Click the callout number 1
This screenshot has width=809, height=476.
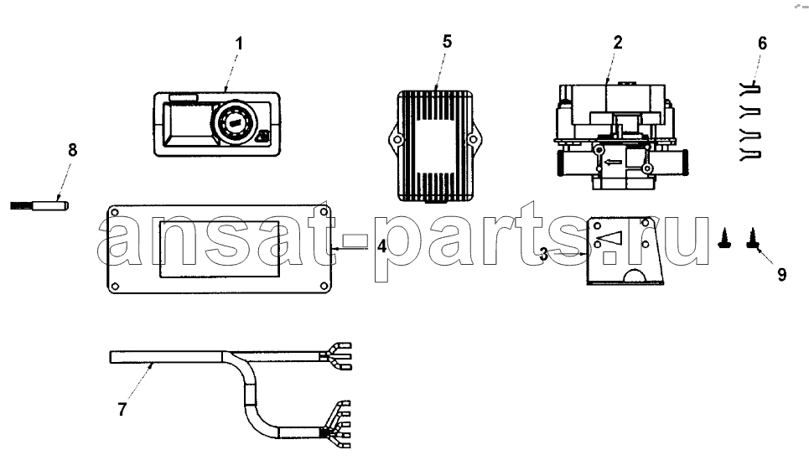click(239, 44)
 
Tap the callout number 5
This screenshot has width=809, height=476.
click(448, 42)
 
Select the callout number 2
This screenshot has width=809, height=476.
click(618, 42)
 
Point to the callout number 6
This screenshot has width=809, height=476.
click(763, 44)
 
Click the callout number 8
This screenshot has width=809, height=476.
click(72, 150)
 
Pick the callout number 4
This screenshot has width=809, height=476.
click(381, 246)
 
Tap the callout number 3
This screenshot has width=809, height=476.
click(544, 254)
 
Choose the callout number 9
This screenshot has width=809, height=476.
click(782, 275)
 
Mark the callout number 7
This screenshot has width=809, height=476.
click(122, 410)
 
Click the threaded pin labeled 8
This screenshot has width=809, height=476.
click(39, 206)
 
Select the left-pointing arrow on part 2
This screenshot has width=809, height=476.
click(613, 163)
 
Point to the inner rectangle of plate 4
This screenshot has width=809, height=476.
click(220, 250)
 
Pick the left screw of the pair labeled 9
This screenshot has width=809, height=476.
click(723, 239)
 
